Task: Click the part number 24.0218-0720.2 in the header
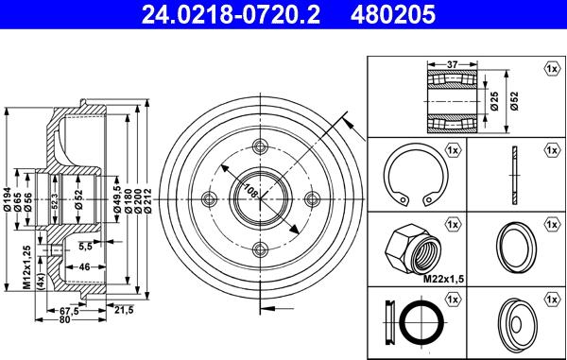point(231,14)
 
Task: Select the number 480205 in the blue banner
point(392,14)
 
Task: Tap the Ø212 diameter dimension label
point(147,201)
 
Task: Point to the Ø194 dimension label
point(7,200)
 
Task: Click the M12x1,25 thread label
point(27,267)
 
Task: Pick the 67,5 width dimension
point(69,311)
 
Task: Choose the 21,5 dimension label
point(124,310)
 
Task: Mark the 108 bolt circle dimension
point(251,191)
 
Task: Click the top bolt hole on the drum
point(260,146)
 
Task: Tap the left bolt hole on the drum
point(209,198)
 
